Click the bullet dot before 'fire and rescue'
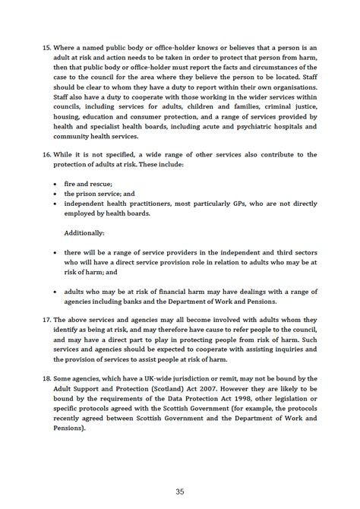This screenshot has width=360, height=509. coord(57,184)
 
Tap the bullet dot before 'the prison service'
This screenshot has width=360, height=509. coord(57,194)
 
